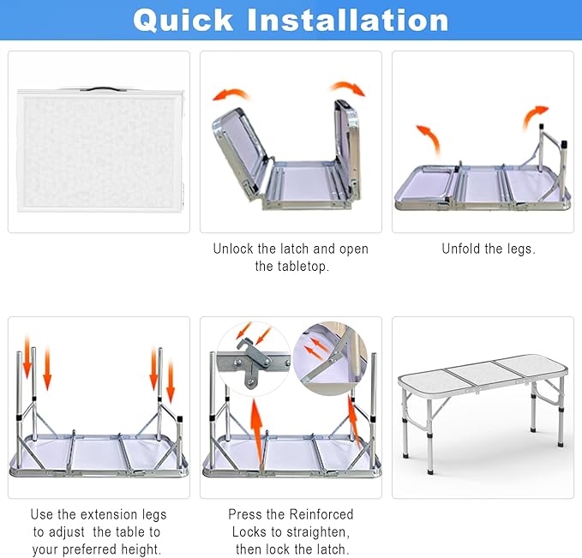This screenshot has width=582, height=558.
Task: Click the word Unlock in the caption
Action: click(x=234, y=249)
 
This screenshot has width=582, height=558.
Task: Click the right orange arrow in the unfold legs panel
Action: click(x=536, y=114)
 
